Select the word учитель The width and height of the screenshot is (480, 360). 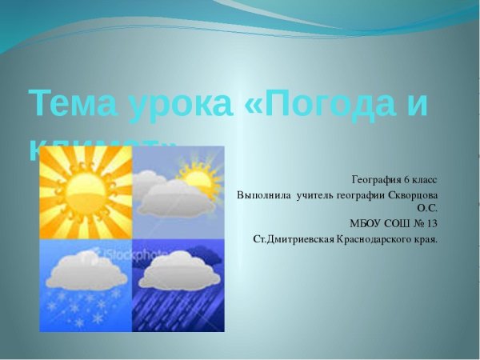point(319,194)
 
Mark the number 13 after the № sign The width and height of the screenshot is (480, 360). point(432,223)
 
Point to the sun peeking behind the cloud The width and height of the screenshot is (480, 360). point(194,171)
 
